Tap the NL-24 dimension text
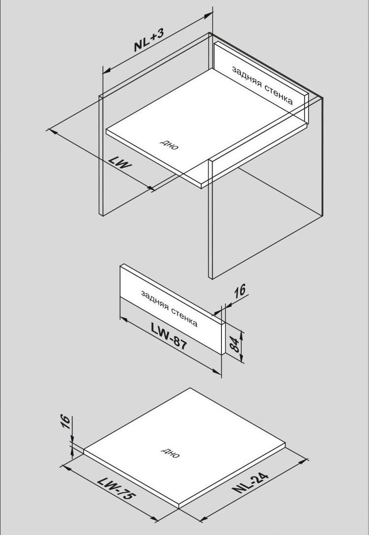coord(251,483)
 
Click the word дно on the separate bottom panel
coord(171,453)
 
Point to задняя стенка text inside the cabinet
coord(262,85)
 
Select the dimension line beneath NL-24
coord(256,492)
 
